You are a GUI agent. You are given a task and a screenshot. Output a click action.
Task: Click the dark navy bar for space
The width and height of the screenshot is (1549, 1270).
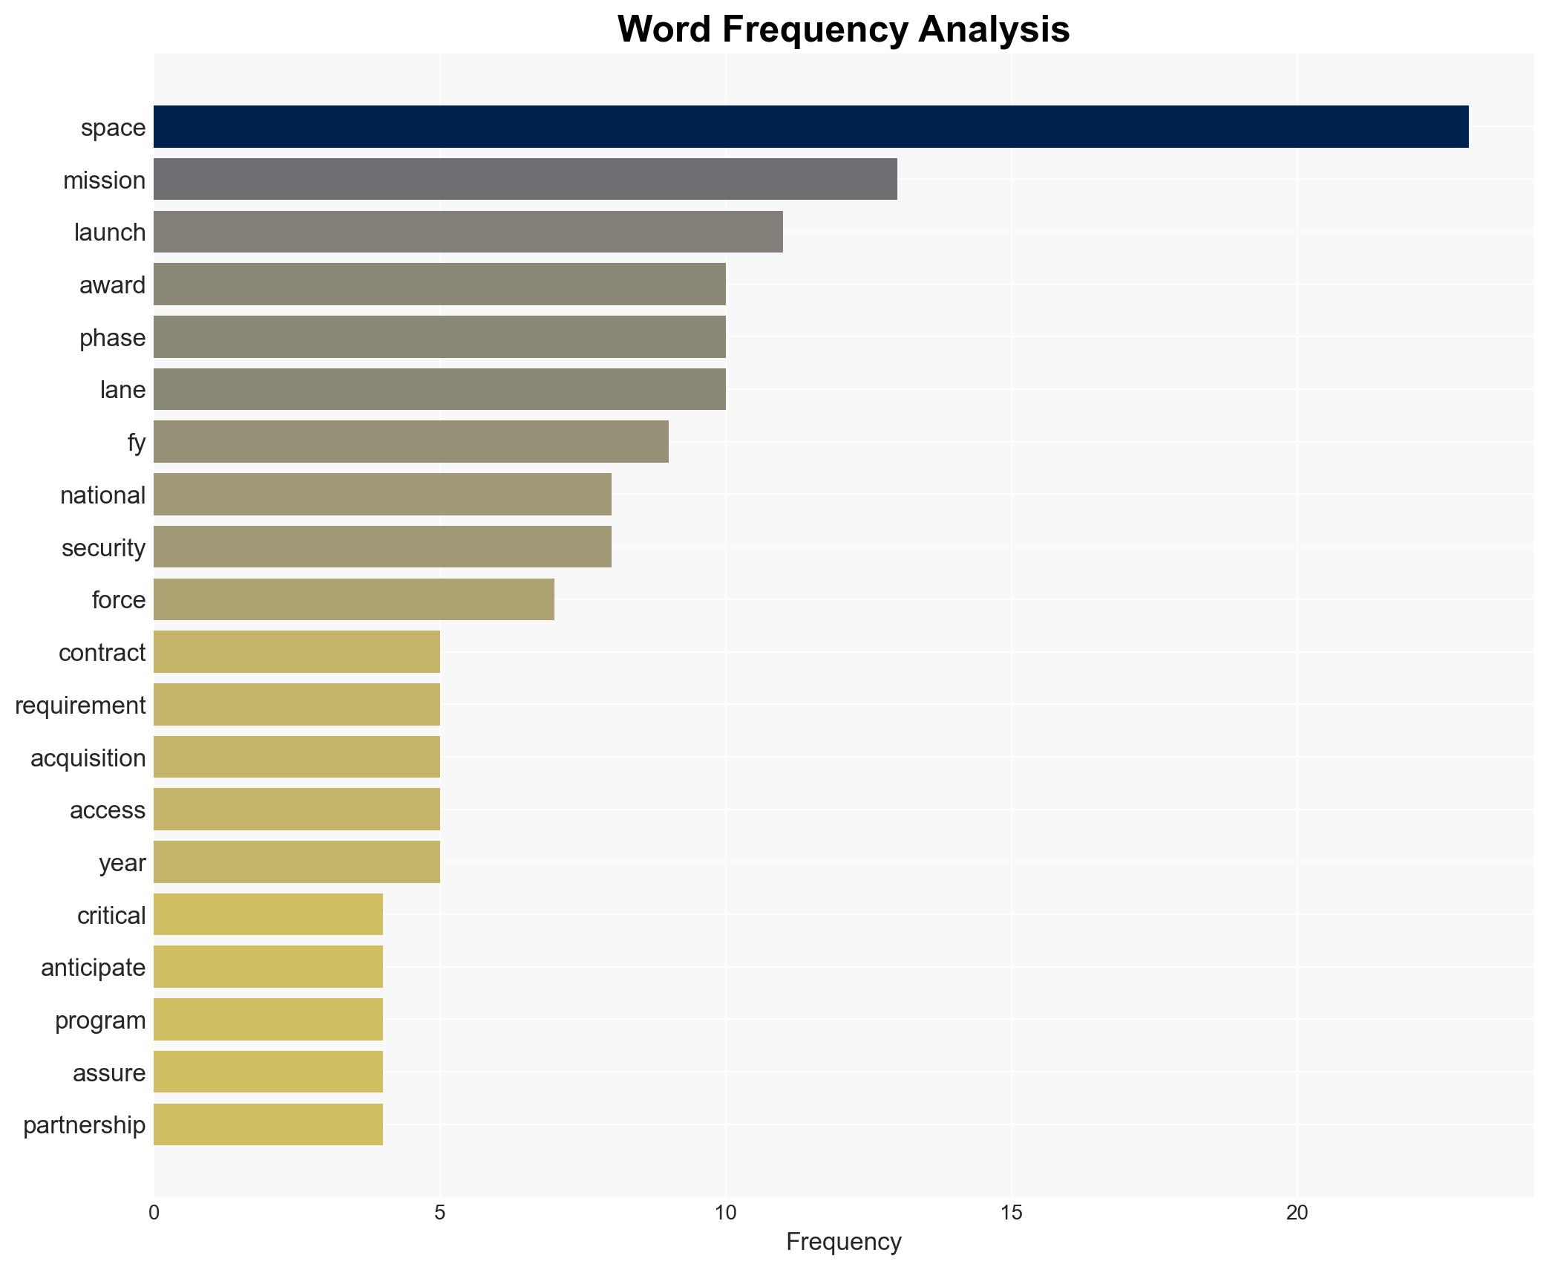click(x=810, y=127)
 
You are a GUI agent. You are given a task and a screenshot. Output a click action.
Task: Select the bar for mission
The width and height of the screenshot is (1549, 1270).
click(x=525, y=179)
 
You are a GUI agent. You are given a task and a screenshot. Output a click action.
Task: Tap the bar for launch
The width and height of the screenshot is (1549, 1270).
click(x=468, y=232)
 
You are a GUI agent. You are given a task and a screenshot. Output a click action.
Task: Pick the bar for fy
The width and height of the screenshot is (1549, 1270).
click(x=410, y=442)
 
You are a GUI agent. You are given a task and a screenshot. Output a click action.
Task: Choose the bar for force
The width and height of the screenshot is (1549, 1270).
click(x=353, y=599)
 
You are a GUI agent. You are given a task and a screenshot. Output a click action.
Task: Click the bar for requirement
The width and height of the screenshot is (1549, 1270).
click(x=296, y=704)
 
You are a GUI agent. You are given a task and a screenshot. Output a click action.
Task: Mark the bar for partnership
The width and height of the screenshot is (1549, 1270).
click(x=268, y=1124)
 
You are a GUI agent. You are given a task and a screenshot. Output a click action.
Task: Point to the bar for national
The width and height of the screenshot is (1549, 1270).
click(x=382, y=495)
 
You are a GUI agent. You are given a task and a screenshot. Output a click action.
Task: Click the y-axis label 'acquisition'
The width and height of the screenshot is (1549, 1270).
click(x=88, y=758)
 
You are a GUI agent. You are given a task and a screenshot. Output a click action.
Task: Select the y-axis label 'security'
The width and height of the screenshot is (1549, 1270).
click(x=103, y=547)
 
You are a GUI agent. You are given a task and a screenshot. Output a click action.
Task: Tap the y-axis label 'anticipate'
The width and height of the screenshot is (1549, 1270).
click(x=93, y=968)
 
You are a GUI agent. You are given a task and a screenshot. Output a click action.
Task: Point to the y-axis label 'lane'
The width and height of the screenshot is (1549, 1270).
click(x=122, y=390)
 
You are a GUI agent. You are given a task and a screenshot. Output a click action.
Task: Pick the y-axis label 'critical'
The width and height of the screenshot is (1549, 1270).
click(x=111, y=915)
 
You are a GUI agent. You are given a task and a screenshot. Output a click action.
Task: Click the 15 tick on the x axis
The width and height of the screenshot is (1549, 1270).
click(x=1011, y=1213)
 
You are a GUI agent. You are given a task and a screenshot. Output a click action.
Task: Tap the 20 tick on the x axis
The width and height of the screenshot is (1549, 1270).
click(x=1297, y=1213)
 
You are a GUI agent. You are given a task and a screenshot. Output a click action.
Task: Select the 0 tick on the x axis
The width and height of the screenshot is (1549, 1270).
click(x=154, y=1213)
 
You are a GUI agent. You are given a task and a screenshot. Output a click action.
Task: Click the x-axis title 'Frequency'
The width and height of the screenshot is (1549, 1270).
click(x=843, y=1242)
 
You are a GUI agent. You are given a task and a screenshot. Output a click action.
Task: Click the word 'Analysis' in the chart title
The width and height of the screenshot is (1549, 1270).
click(x=993, y=30)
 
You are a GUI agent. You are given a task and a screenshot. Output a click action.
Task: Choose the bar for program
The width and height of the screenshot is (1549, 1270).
click(x=268, y=1020)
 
